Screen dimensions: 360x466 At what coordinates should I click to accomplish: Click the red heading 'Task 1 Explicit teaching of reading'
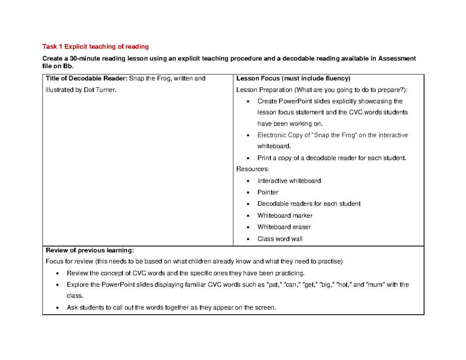(96, 47)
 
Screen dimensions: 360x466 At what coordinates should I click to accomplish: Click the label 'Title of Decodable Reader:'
(87, 79)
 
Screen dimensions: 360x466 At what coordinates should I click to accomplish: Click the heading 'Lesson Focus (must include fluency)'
(293, 79)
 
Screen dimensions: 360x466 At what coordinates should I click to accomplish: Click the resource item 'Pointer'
(268, 192)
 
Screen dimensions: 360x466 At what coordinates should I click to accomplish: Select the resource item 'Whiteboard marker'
(285, 216)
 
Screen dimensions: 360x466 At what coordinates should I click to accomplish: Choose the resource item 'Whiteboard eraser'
(284, 227)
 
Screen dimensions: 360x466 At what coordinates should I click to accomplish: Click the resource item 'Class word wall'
(280, 239)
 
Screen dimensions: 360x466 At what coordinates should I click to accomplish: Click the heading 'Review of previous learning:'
(90, 250)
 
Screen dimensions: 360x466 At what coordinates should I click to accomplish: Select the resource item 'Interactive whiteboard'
(289, 181)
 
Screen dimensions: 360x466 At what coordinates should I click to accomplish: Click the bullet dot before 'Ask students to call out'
(57, 308)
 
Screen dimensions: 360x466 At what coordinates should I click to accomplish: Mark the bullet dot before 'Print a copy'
(248, 158)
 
